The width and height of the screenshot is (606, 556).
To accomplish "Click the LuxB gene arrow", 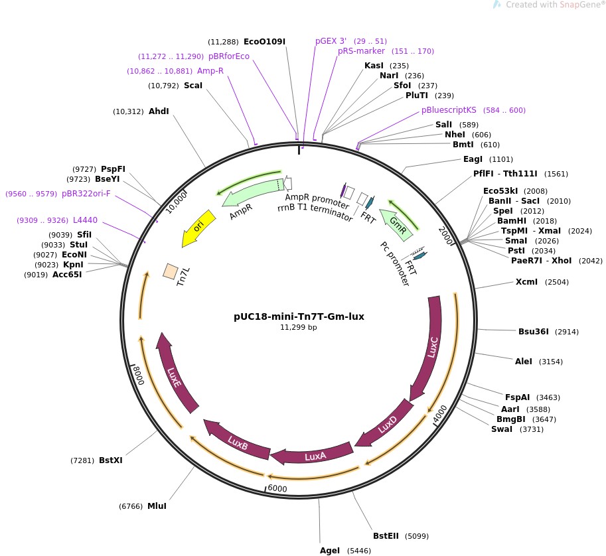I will tap(237, 442).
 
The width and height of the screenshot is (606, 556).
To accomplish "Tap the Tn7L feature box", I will tap(171, 271).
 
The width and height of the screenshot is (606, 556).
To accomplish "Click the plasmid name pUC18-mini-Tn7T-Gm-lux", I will tap(295, 316).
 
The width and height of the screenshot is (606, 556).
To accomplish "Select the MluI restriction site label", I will tap(157, 506).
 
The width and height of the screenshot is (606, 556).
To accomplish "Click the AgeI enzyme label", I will tap(330, 551).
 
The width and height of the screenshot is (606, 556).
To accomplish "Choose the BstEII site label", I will tap(386, 536).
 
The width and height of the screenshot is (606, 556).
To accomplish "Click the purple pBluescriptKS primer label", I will tap(449, 110).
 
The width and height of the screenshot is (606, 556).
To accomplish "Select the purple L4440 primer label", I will tap(85, 220).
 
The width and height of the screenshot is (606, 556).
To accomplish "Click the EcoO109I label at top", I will tap(264, 41).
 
